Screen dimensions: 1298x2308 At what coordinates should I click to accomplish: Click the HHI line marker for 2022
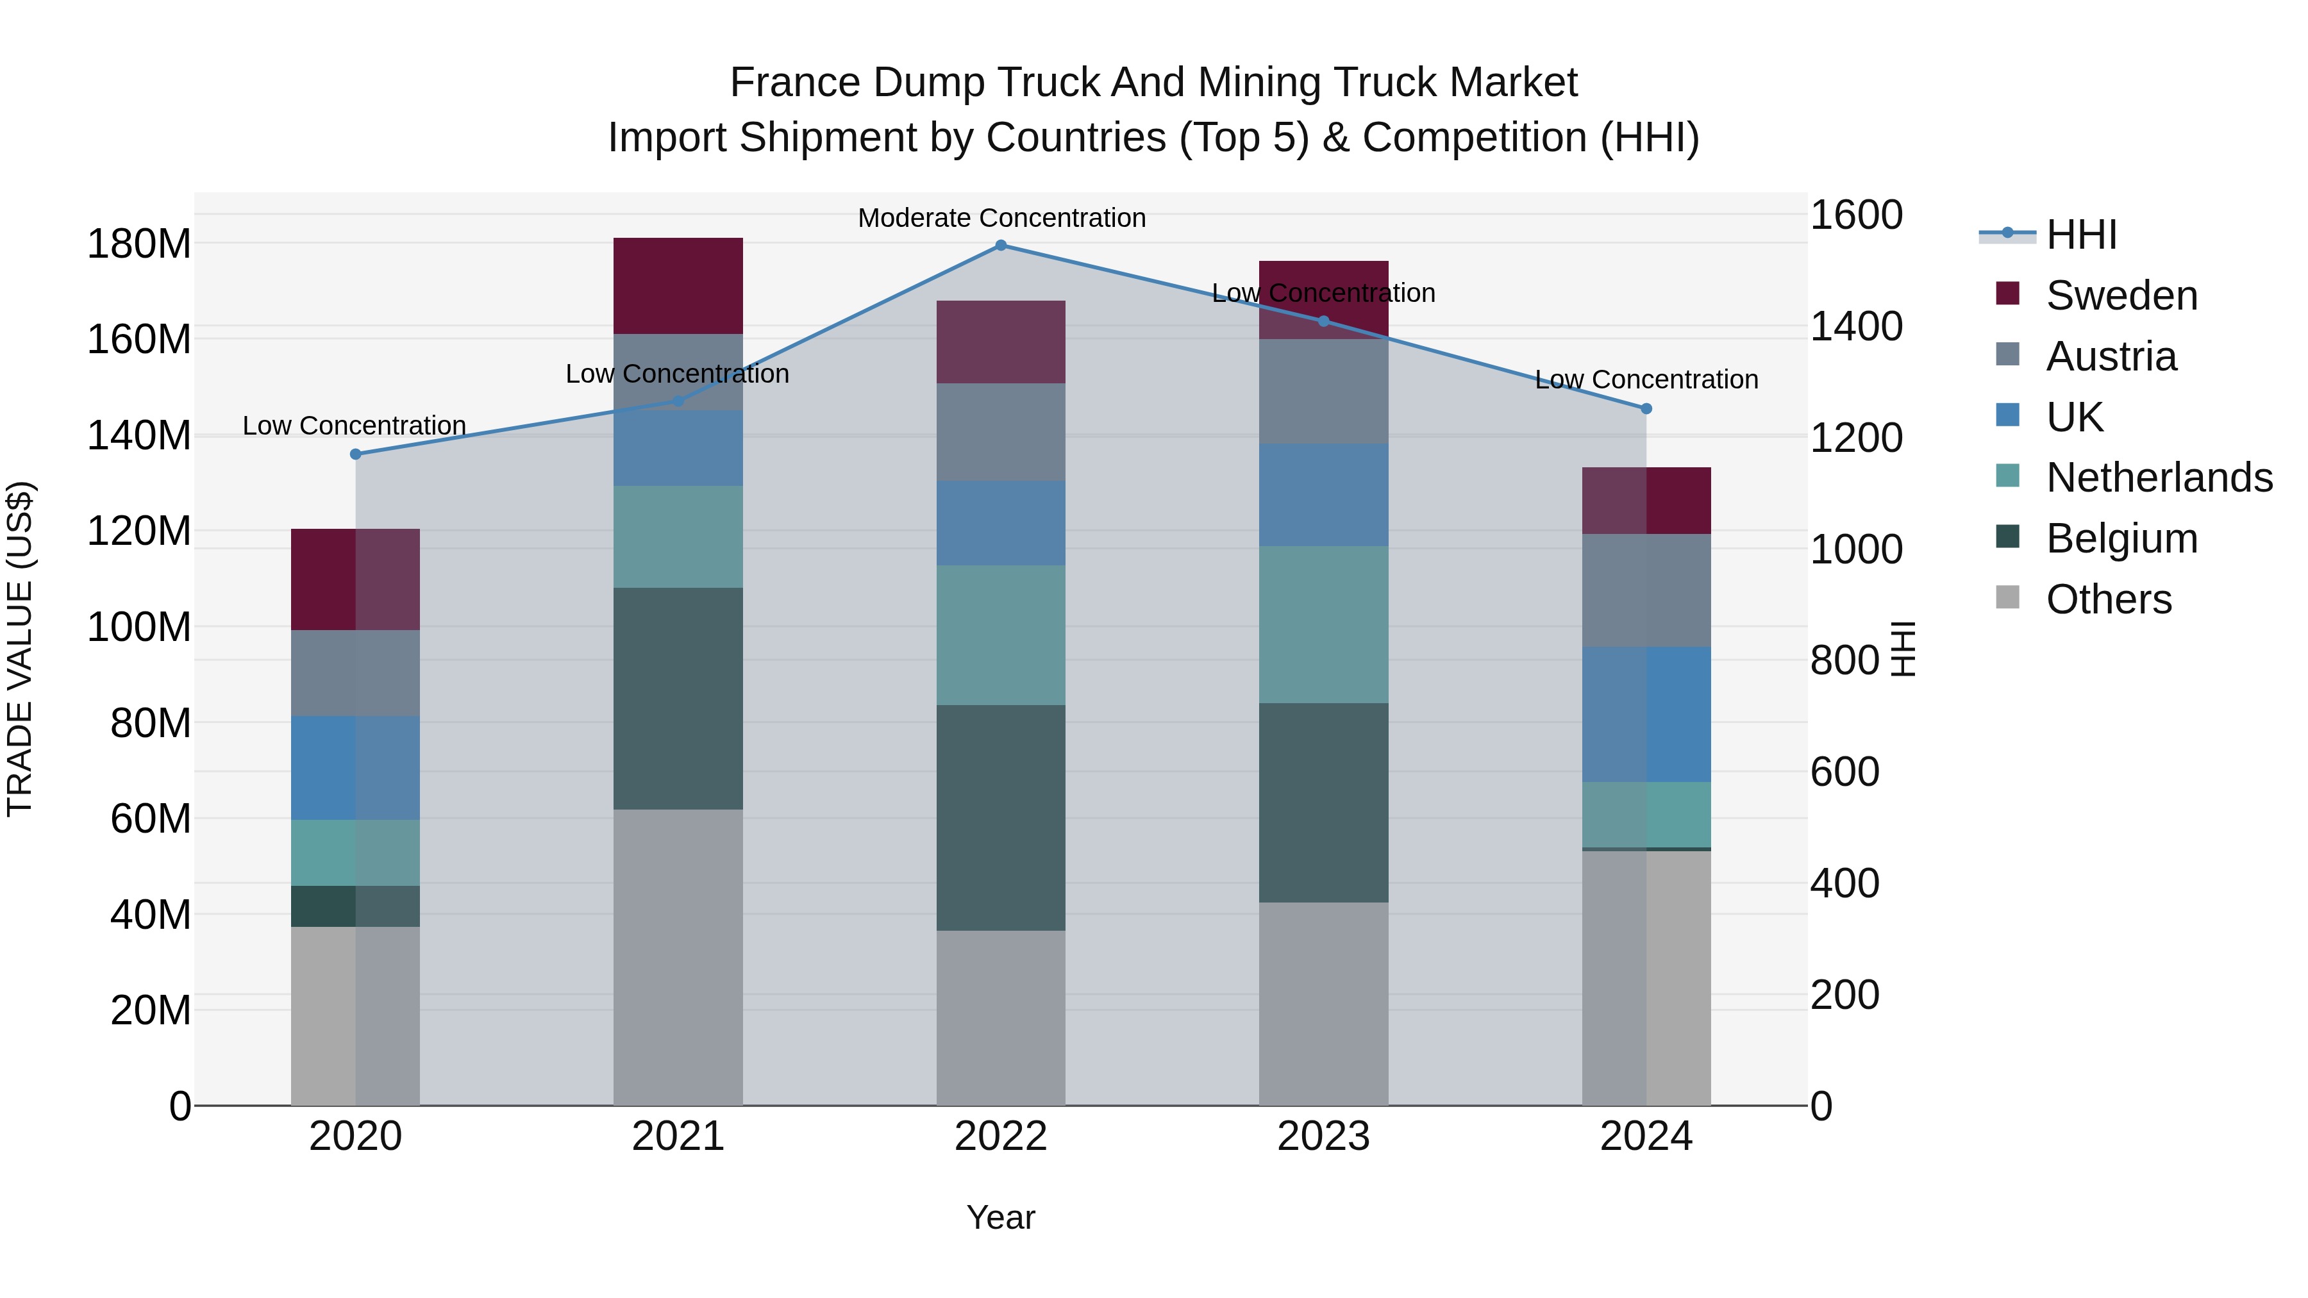click(1001, 245)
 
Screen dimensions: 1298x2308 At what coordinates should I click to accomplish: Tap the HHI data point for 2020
click(356, 454)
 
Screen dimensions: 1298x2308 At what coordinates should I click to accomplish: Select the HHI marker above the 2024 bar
click(1646, 408)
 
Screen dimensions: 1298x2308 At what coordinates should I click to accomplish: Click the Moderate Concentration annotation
click(1001, 219)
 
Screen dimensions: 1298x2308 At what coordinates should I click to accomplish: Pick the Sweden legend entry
click(2121, 295)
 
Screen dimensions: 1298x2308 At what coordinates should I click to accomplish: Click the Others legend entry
click(2108, 599)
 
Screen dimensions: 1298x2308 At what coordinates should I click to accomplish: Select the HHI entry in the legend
click(2080, 235)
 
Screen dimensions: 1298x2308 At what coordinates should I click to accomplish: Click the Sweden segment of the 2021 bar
click(678, 286)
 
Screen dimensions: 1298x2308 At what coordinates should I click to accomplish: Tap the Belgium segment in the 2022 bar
click(1001, 817)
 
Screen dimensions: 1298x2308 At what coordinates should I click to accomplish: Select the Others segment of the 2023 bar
click(1323, 1003)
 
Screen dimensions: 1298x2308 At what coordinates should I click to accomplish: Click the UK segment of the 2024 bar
click(1646, 714)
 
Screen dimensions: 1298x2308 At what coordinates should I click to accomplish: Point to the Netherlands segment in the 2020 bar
click(356, 852)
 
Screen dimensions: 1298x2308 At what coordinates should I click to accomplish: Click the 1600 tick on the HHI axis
click(1855, 216)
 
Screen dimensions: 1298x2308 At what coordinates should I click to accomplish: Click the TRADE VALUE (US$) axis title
click(21, 649)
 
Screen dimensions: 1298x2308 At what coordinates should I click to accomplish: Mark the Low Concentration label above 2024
click(1646, 380)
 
